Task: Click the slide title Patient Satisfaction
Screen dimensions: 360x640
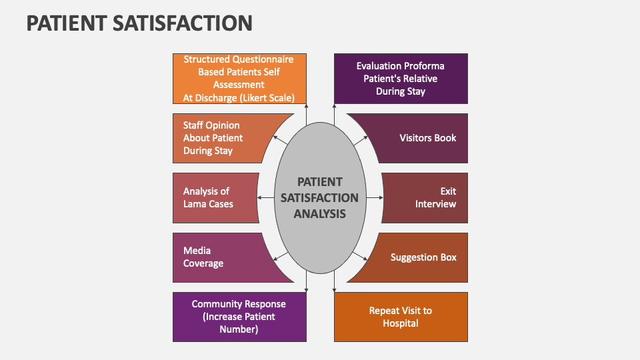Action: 139,23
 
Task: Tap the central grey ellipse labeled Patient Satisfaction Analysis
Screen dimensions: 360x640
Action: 320,198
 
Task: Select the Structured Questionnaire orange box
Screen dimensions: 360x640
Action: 239,79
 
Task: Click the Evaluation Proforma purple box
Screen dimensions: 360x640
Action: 400,79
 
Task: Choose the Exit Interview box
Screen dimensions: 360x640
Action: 427,197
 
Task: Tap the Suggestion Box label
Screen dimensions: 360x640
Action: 423,257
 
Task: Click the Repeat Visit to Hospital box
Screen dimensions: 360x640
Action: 400,317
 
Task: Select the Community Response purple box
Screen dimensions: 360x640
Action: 239,317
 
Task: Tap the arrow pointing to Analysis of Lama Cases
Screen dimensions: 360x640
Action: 265,198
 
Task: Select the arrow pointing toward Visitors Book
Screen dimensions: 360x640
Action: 361,141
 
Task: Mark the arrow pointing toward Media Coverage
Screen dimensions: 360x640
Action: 279,256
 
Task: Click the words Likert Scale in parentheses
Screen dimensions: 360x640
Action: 275,97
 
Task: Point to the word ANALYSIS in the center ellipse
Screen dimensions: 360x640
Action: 320,214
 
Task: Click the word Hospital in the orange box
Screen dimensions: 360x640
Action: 400,323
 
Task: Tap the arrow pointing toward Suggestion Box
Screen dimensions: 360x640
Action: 361,256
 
